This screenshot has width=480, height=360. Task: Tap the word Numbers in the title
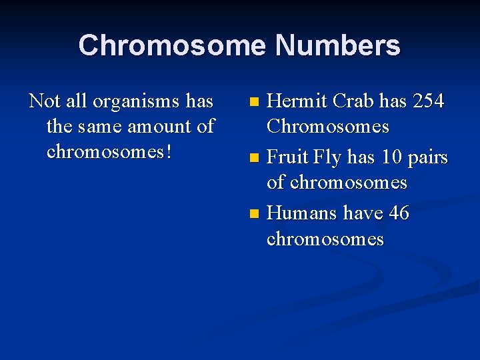point(337,46)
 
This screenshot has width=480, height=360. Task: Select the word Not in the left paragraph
point(44,101)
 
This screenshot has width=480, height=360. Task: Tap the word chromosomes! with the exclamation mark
point(110,151)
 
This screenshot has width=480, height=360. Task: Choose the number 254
point(429,101)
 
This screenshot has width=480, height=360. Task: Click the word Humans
point(302,213)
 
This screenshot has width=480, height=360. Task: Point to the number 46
point(398,213)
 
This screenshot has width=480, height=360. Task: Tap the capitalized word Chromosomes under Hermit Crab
point(327,127)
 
